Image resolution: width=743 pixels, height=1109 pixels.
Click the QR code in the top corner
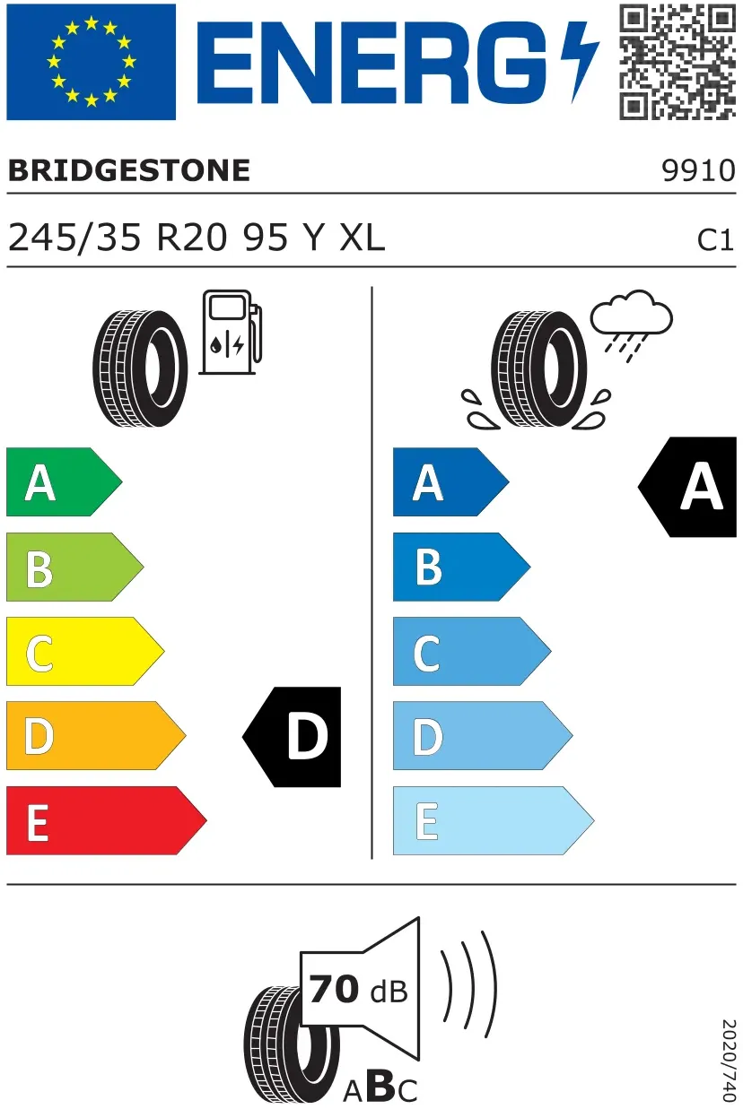pyautogui.click(x=677, y=62)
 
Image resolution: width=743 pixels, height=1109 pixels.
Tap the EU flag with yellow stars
pyautogui.click(x=92, y=62)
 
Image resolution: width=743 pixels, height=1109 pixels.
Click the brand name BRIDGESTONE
pyautogui.click(x=129, y=170)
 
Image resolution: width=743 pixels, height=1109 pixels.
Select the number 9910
pyautogui.click(x=698, y=170)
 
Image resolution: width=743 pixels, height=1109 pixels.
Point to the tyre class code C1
pyautogui.click(x=715, y=240)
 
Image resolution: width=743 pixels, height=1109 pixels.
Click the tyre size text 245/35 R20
pyautogui.click(x=118, y=238)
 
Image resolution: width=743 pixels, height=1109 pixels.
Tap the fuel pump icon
pyautogui.click(x=231, y=333)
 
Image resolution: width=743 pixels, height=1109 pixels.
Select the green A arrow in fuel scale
pyautogui.click(x=64, y=481)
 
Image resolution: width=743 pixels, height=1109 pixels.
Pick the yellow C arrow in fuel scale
pyautogui.click(x=85, y=651)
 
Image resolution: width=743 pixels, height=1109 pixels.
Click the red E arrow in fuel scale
pyautogui.click(x=107, y=820)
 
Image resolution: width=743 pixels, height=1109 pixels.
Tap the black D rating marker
pyautogui.click(x=292, y=737)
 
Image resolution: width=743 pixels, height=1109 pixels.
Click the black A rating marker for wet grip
pyautogui.click(x=687, y=487)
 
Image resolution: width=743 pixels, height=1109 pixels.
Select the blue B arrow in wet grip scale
pyautogui.click(x=461, y=567)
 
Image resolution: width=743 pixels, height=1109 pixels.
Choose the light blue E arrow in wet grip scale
pyautogui.click(x=494, y=820)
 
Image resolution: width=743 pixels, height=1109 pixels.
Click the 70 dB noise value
pyautogui.click(x=358, y=989)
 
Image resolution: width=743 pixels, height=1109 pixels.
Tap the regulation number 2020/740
pyautogui.click(x=729, y=1060)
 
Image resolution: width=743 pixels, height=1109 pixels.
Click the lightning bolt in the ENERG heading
pyautogui.click(x=580, y=62)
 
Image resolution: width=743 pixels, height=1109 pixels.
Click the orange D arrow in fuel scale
pyautogui.click(x=96, y=736)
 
